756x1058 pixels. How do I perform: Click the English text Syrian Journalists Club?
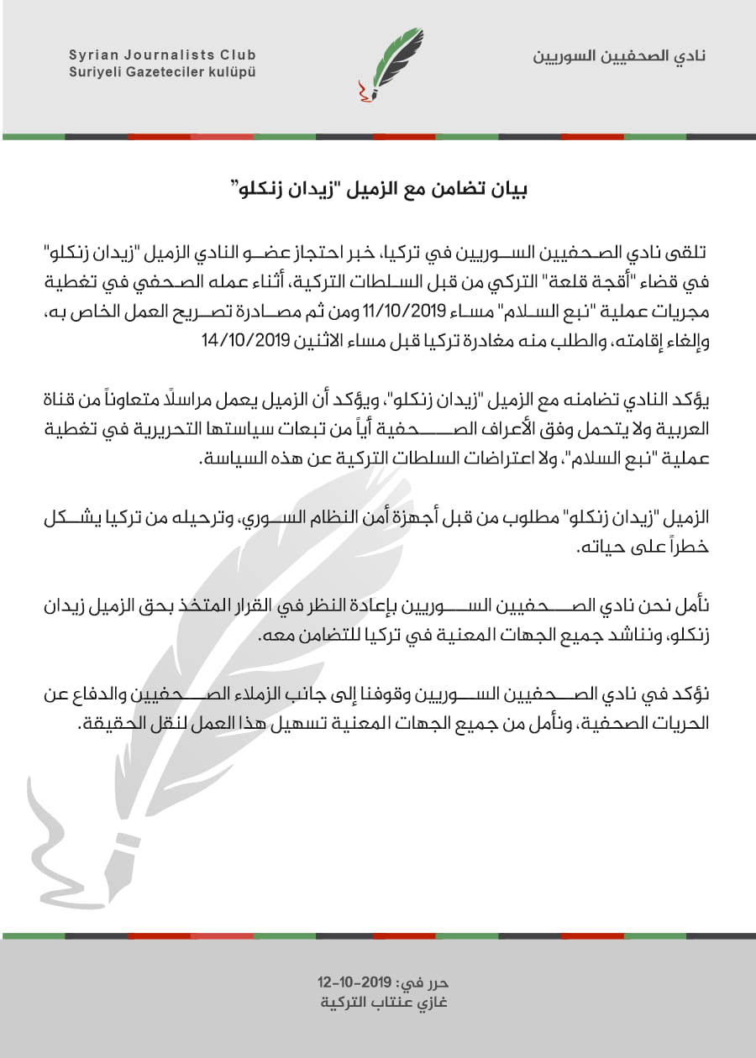click(162, 55)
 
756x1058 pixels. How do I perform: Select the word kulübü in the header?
click(233, 72)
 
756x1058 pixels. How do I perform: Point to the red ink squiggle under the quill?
click(362, 92)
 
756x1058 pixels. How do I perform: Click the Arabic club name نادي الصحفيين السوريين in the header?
click(620, 56)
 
